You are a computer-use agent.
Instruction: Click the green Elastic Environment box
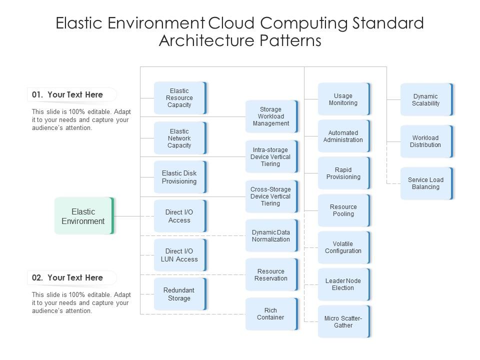pos(83,216)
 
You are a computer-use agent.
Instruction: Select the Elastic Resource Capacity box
pos(179,98)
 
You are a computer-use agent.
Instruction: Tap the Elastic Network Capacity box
pos(179,138)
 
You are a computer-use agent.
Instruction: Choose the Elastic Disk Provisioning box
pos(179,177)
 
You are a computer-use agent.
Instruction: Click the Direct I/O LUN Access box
pos(179,255)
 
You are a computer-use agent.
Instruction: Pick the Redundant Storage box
pos(179,294)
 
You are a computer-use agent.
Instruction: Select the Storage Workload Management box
pos(271,116)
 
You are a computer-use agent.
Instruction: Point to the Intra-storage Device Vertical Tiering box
pos(271,157)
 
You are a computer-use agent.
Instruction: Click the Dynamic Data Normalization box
pos(271,236)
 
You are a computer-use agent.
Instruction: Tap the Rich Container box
pos(271,314)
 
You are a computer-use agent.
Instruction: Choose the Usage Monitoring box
pos(343,99)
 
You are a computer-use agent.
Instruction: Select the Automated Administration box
pos(343,136)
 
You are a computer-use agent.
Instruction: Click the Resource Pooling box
pos(343,210)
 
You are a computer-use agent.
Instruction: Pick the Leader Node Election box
pos(343,284)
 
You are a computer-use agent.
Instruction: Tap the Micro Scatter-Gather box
pos(343,322)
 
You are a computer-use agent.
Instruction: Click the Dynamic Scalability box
pos(426,100)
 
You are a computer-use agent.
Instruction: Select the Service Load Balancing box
pos(426,183)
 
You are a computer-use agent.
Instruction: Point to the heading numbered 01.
pos(67,94)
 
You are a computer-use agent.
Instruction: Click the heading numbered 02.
pos(67,277)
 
